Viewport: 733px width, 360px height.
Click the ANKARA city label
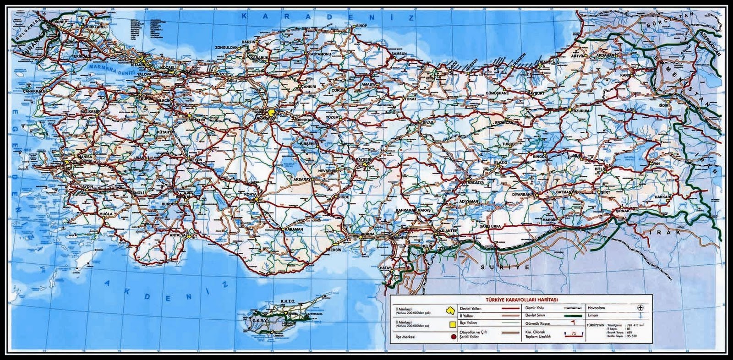(x=263, y=118)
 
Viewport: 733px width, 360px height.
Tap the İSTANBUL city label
(x=138, y=65)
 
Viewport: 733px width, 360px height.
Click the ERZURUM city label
(x=580, y=110)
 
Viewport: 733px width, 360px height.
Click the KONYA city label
(x=251, y=195)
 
